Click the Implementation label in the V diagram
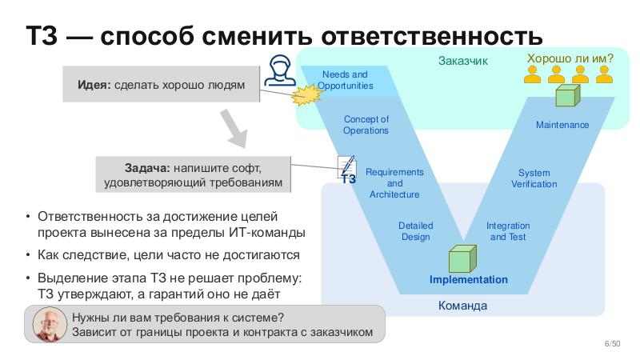468,279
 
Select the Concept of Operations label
366,125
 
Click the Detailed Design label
415,231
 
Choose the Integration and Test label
507,231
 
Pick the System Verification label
534,178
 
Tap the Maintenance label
562,125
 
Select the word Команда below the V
462,306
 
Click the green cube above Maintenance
566,97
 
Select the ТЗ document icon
347,170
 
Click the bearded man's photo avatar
50,324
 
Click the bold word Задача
146,169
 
